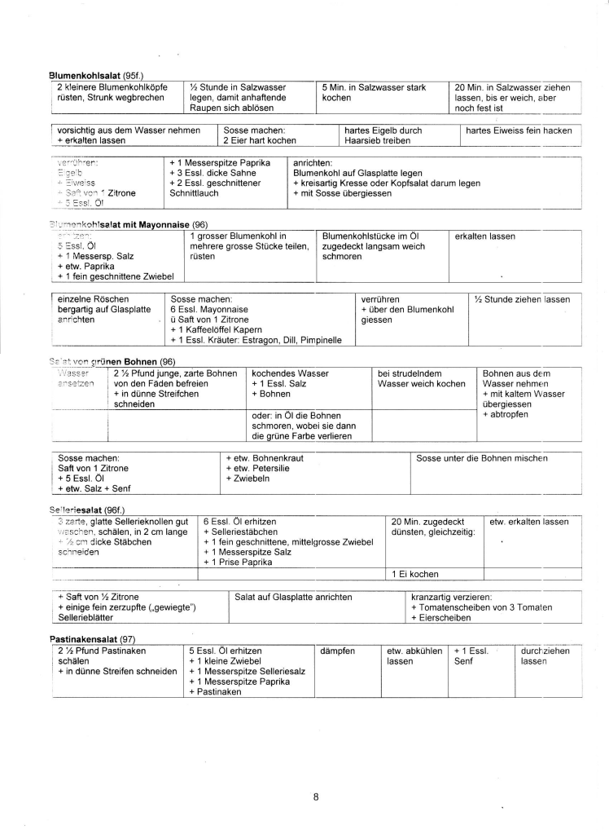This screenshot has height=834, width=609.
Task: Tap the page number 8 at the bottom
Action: (x=315, y=796)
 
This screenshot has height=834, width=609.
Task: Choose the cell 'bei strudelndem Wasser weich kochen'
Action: (x=422, y=378)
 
